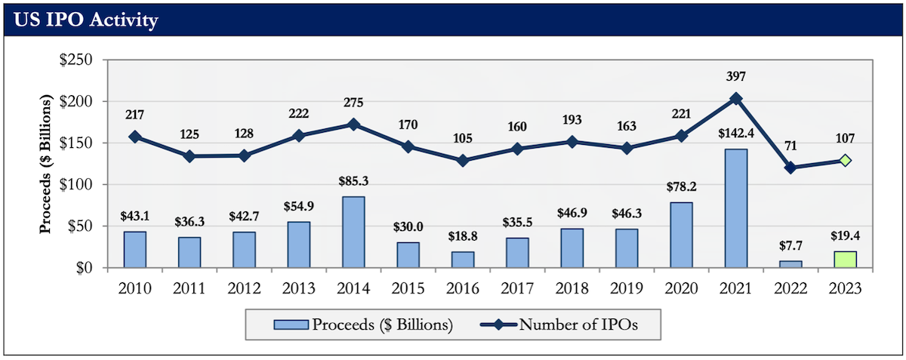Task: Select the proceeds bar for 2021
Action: [735, 208]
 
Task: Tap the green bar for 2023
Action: [845, 259]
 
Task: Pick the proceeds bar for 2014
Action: [353, 232]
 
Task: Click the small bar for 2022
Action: [790, 264]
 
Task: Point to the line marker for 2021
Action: [735, 98]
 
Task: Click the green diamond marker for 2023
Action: [845, 160]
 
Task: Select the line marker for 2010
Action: [135, 137]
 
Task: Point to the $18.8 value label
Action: [462, 237]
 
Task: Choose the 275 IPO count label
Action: [353, 100]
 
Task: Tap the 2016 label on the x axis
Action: [462, 288]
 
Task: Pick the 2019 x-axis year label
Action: [626, 288]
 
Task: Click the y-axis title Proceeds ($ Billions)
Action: [47, 164]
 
